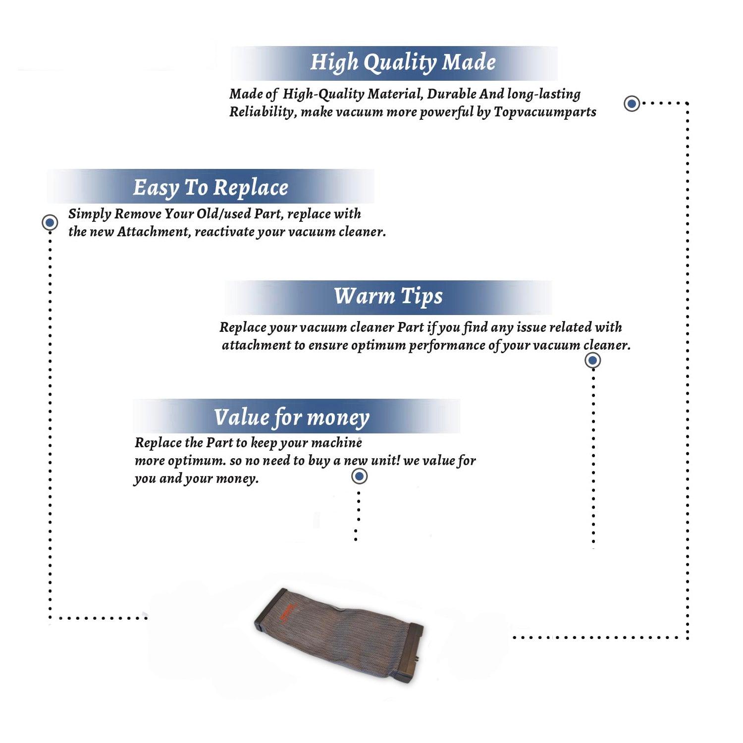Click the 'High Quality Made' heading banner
click(x=394, y=63)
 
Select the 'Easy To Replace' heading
click(x=211, y=188)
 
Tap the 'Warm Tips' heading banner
click(x=388, y=297)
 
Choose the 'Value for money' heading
click(x=292, y=417)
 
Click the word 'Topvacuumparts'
click(x=545, y=112)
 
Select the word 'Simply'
click(x=90, y=214)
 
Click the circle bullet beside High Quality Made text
click(x=632, y=104)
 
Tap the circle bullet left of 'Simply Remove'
click(x=50, y=222)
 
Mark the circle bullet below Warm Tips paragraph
click(x=592, y=360)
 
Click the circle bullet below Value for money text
click(x=359, y=477)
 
